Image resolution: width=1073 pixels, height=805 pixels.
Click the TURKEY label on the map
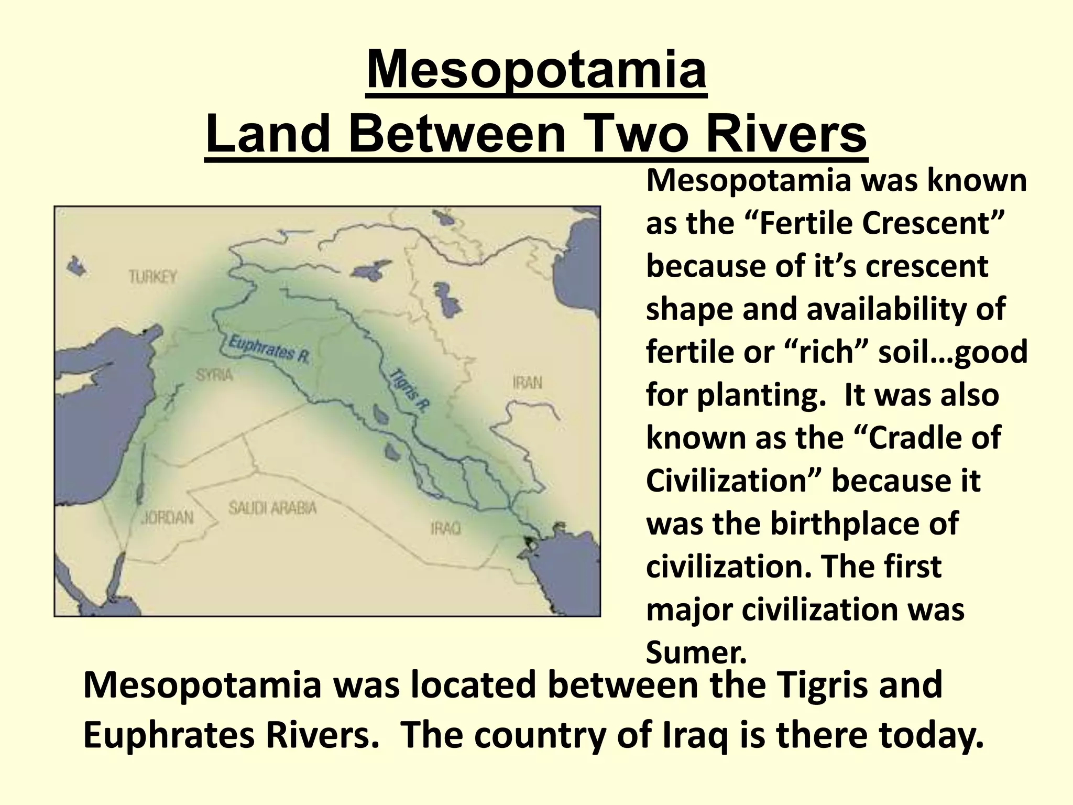pyautogui.click(x=153, y=276)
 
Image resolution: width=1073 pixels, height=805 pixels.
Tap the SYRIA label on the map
pyautogui.click(x=214, y=375)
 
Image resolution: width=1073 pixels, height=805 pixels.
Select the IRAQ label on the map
pyautogui.click(x=445, y=527)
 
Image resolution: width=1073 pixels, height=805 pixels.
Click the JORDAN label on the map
pyautogui.click(x=167, y=517)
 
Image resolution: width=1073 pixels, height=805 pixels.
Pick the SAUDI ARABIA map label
pyautogui.click(x=272, y=508)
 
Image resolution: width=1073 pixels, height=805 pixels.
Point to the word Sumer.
pyautogui.click(x=695, y=652)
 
